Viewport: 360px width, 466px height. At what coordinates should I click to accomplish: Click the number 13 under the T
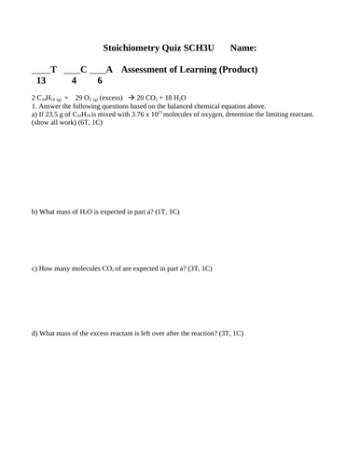41,81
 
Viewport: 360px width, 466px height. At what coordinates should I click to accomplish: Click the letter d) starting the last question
35,333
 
